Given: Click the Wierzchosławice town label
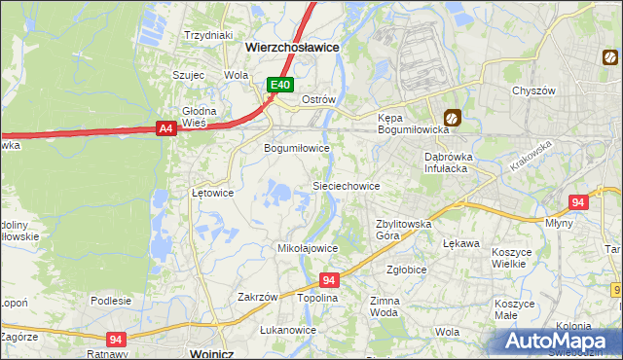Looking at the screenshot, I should point(292,46).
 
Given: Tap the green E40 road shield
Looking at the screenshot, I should point(280,86).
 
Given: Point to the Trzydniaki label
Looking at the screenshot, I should point(208,35).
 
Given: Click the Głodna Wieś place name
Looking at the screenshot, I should point(199,116).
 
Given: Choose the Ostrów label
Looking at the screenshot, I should point(318,99).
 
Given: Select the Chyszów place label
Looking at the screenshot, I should point(533,90).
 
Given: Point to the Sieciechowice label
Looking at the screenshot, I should point(345,185).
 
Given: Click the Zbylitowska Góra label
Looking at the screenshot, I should point(404,229).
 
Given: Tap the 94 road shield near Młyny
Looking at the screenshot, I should point(578,202).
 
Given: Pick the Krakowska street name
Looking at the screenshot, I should point(530,156).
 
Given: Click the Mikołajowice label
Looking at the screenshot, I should point(309,248).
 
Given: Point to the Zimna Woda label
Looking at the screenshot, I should point(384,307).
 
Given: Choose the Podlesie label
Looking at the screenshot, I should point(111,301).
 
